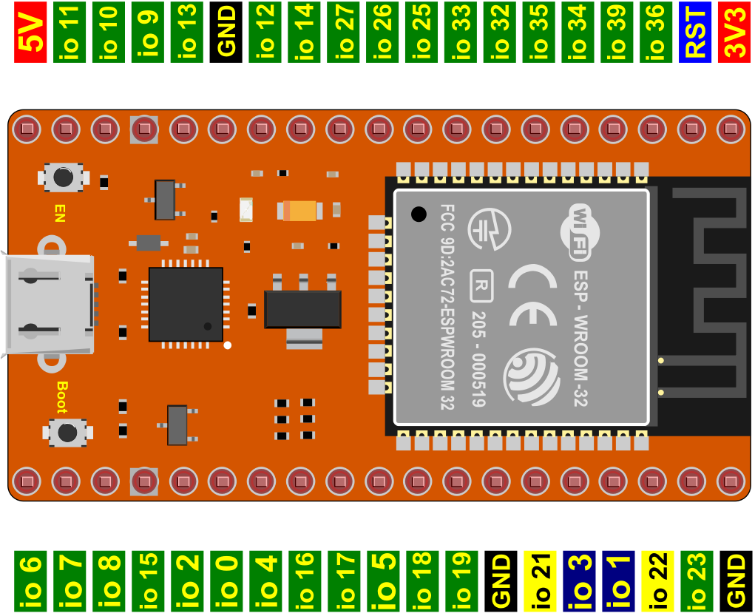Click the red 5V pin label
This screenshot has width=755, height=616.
[30, 33]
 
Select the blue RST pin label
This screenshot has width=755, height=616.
[695, 33]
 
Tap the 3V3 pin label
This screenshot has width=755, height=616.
[734, 33]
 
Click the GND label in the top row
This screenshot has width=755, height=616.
[226, 33]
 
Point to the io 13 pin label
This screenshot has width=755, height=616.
[187, 33]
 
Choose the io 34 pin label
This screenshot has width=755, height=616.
[578, 33]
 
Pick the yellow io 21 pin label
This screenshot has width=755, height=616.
[540, 581]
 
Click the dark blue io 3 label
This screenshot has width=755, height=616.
[579, 581]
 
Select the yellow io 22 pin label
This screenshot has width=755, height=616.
[657, 581]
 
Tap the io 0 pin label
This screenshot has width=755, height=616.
[226, 581]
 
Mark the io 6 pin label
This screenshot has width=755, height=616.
[30, 581]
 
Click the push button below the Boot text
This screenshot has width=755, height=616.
[67, 433]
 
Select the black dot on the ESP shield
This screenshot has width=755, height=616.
[419, 214]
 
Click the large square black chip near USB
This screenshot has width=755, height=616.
[186, 305]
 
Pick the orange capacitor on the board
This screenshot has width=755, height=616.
[299, 211]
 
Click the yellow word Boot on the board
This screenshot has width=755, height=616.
[62, 397]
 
